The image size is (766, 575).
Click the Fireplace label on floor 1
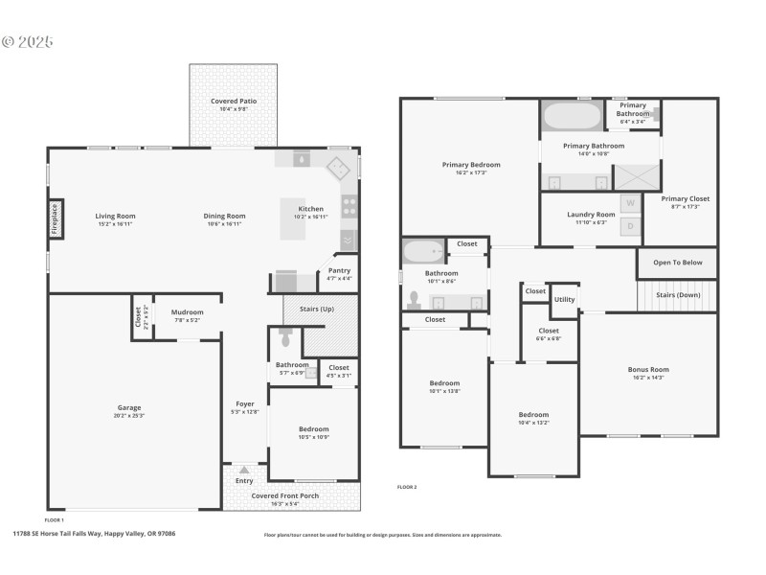[x=55, y=218]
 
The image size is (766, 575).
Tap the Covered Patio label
[x=234, y=101]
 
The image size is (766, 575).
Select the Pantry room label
[x=339, y=270]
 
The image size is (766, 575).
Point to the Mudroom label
[x=187, y=311]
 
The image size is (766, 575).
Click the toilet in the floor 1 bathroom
[x=284, y=338]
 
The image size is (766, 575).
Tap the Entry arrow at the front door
[x=244, y=470]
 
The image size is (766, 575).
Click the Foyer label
[x=244, y=403]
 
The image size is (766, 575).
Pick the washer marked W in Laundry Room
[x=630, y=203]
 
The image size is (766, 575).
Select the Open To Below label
[x=677, y=263]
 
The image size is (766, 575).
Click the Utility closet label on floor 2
[x=564, y=300]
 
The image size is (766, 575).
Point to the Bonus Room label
[x=648, y=369]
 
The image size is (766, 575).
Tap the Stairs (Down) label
[x=678, y=295]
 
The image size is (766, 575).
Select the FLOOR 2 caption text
[x=407, y=487]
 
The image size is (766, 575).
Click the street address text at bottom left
[x=93, y=534]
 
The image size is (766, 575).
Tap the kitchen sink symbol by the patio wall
[x=302, y=159]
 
